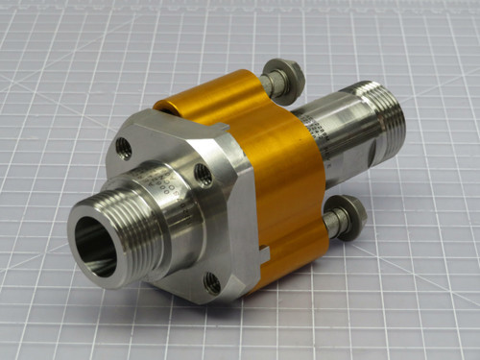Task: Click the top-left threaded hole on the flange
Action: point(123,148)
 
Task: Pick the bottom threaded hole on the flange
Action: point(212,283)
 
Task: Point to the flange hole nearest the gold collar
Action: point(203,174)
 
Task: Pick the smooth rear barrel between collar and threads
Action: point(331,154)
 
